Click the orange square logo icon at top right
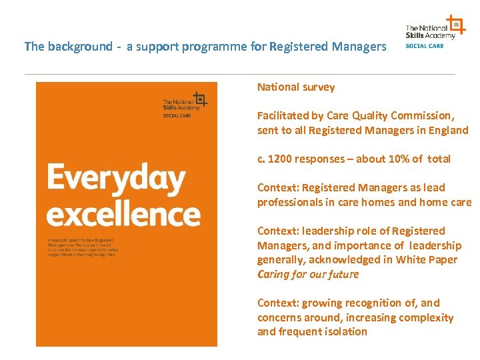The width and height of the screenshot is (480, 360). pyautogui.click(x=456, y=25)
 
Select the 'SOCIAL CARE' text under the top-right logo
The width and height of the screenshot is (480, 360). pyautogui.click(x=425, y=46)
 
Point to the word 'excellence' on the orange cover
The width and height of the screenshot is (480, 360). pyautogui.click(x=123, y=215)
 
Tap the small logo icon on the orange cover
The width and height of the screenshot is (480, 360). pyautogui.click(x=199, y=99)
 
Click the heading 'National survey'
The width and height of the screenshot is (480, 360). pyautogui.click(x=296, y=87)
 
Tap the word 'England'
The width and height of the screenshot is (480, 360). pyautogui.click(x=448, y=131)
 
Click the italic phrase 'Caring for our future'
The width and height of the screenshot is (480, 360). pyautogui.click(x=308, y=275)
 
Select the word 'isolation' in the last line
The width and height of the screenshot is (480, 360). pyautogui.click(x=345, y=332)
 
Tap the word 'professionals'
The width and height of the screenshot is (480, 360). pyautogui.click(x=289, y=203)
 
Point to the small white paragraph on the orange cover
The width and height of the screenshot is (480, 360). pyautogui.click(x=81, y=248)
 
